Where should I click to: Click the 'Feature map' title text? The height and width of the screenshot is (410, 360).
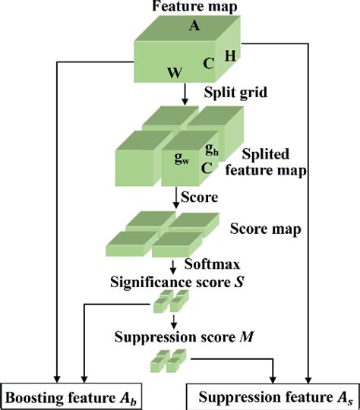coord(185,7)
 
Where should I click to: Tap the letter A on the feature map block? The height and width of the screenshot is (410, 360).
coord(194,25)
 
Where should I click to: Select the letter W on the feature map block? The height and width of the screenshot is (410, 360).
coord(173,74)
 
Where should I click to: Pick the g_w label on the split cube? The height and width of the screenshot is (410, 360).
coord(182,159)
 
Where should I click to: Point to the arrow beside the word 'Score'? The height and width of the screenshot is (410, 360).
coord(177,198)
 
